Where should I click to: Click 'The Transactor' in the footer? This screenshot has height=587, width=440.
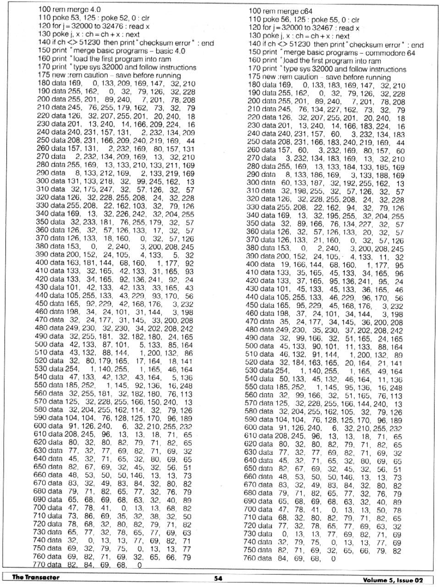tap(36, 577)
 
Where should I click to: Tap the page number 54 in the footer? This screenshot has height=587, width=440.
tap(218, 578)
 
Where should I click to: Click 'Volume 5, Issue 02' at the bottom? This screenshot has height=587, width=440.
tap(393, 580)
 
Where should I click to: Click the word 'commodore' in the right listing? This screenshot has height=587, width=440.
tap(377, 53)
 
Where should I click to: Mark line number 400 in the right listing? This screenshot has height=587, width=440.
tap(254, 264)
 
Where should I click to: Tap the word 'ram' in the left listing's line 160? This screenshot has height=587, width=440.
tap(165, 59)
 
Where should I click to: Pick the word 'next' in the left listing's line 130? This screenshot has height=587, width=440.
tap(132, 34)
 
